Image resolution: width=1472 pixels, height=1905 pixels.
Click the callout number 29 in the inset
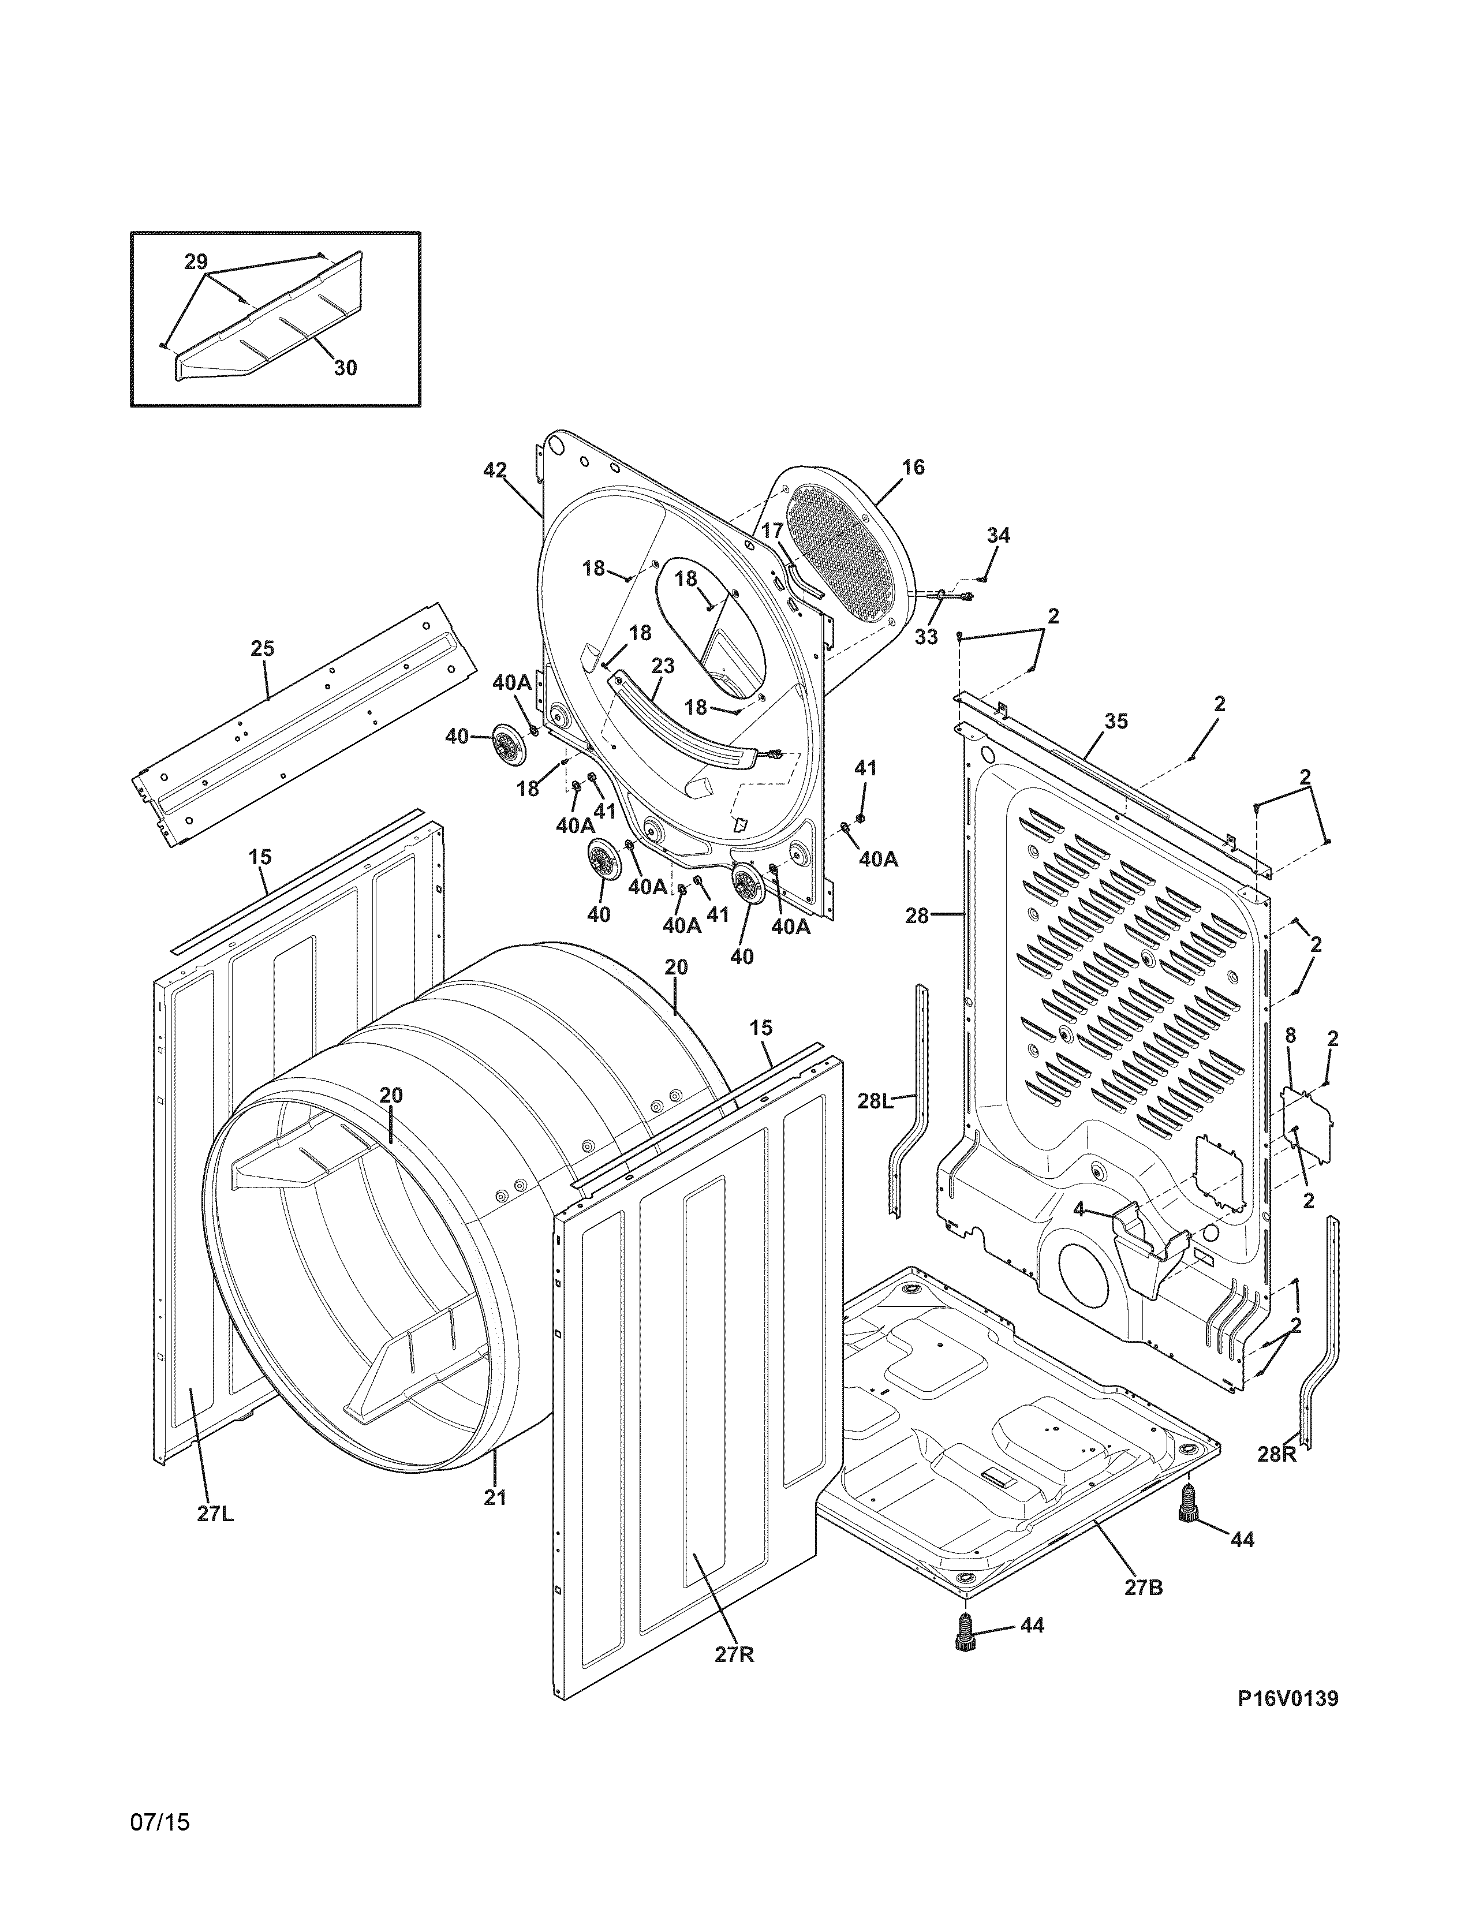tap(196, 261)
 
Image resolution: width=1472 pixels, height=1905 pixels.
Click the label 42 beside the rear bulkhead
tap(495, 470)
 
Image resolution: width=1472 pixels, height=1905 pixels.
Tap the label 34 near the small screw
tap(999, 536)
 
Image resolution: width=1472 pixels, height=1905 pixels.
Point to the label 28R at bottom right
tap(1277, 1454)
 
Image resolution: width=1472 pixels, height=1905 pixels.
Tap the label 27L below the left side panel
tap(215, 1514)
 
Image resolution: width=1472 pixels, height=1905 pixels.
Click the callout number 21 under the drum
tap(495, 1497)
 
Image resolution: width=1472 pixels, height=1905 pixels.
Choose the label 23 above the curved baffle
tap(663, 666)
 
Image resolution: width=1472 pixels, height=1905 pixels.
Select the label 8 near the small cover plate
tap(1291, 1036)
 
